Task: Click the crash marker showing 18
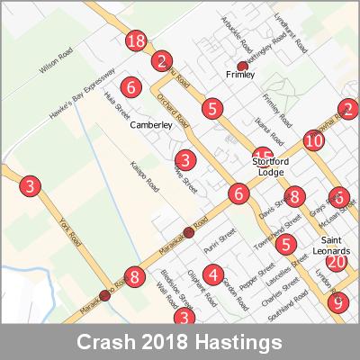(x=137, y=41)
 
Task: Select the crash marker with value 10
(x=313, y=140)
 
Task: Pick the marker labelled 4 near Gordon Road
(x=212, y=274)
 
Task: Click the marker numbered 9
(x=337, y=302)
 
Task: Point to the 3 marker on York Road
(x=31, y=187)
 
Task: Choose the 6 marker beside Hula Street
(x=132, y=88)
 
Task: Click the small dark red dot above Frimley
(x=241, y=66)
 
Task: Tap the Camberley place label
(x=151, y=126)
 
